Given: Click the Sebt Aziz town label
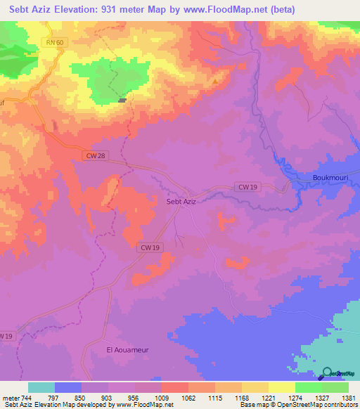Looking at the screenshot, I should tap(180, 202).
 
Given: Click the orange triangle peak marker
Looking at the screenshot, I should tap(214, 82).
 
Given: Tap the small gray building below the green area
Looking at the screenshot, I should tap(123, 100).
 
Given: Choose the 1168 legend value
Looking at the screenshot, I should tap(240, 397).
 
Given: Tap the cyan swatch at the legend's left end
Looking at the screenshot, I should tap(41, 387).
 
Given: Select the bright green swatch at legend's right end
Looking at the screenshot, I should tap(335, 387).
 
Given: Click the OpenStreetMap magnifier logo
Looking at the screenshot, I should tap(328, 372).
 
